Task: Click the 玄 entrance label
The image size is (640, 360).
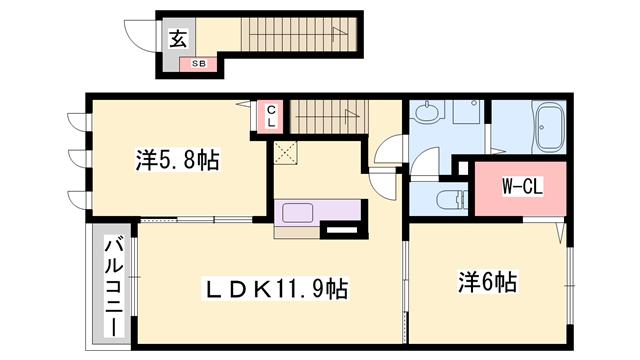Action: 177,40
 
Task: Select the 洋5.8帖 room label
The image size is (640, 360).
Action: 177,160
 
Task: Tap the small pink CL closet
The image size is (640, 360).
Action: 272,115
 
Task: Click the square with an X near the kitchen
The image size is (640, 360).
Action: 286,153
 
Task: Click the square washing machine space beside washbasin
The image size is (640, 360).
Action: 467,114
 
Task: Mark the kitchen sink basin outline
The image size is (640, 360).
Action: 300,212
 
